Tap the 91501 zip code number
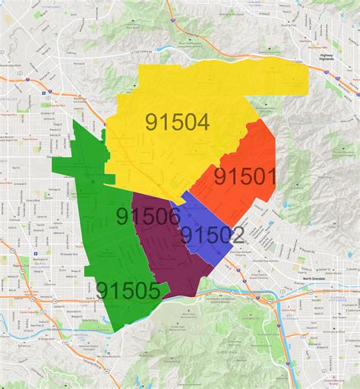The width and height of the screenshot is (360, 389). click(x=245, y=177)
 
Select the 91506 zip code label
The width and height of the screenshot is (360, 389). click(x=148, y=217)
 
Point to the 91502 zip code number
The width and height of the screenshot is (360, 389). click(x=212, y=235)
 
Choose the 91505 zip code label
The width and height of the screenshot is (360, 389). click(x=128, y=290)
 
